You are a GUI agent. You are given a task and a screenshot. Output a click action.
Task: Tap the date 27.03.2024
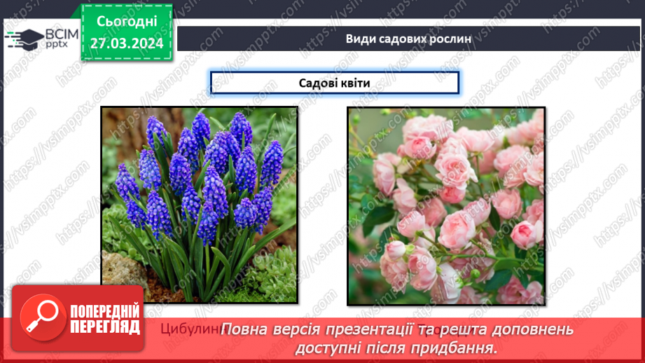pos(126,42)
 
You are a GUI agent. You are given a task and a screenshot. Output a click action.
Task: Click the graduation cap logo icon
pos(24,38)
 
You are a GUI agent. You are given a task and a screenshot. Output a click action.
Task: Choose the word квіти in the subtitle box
pos(355,83)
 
